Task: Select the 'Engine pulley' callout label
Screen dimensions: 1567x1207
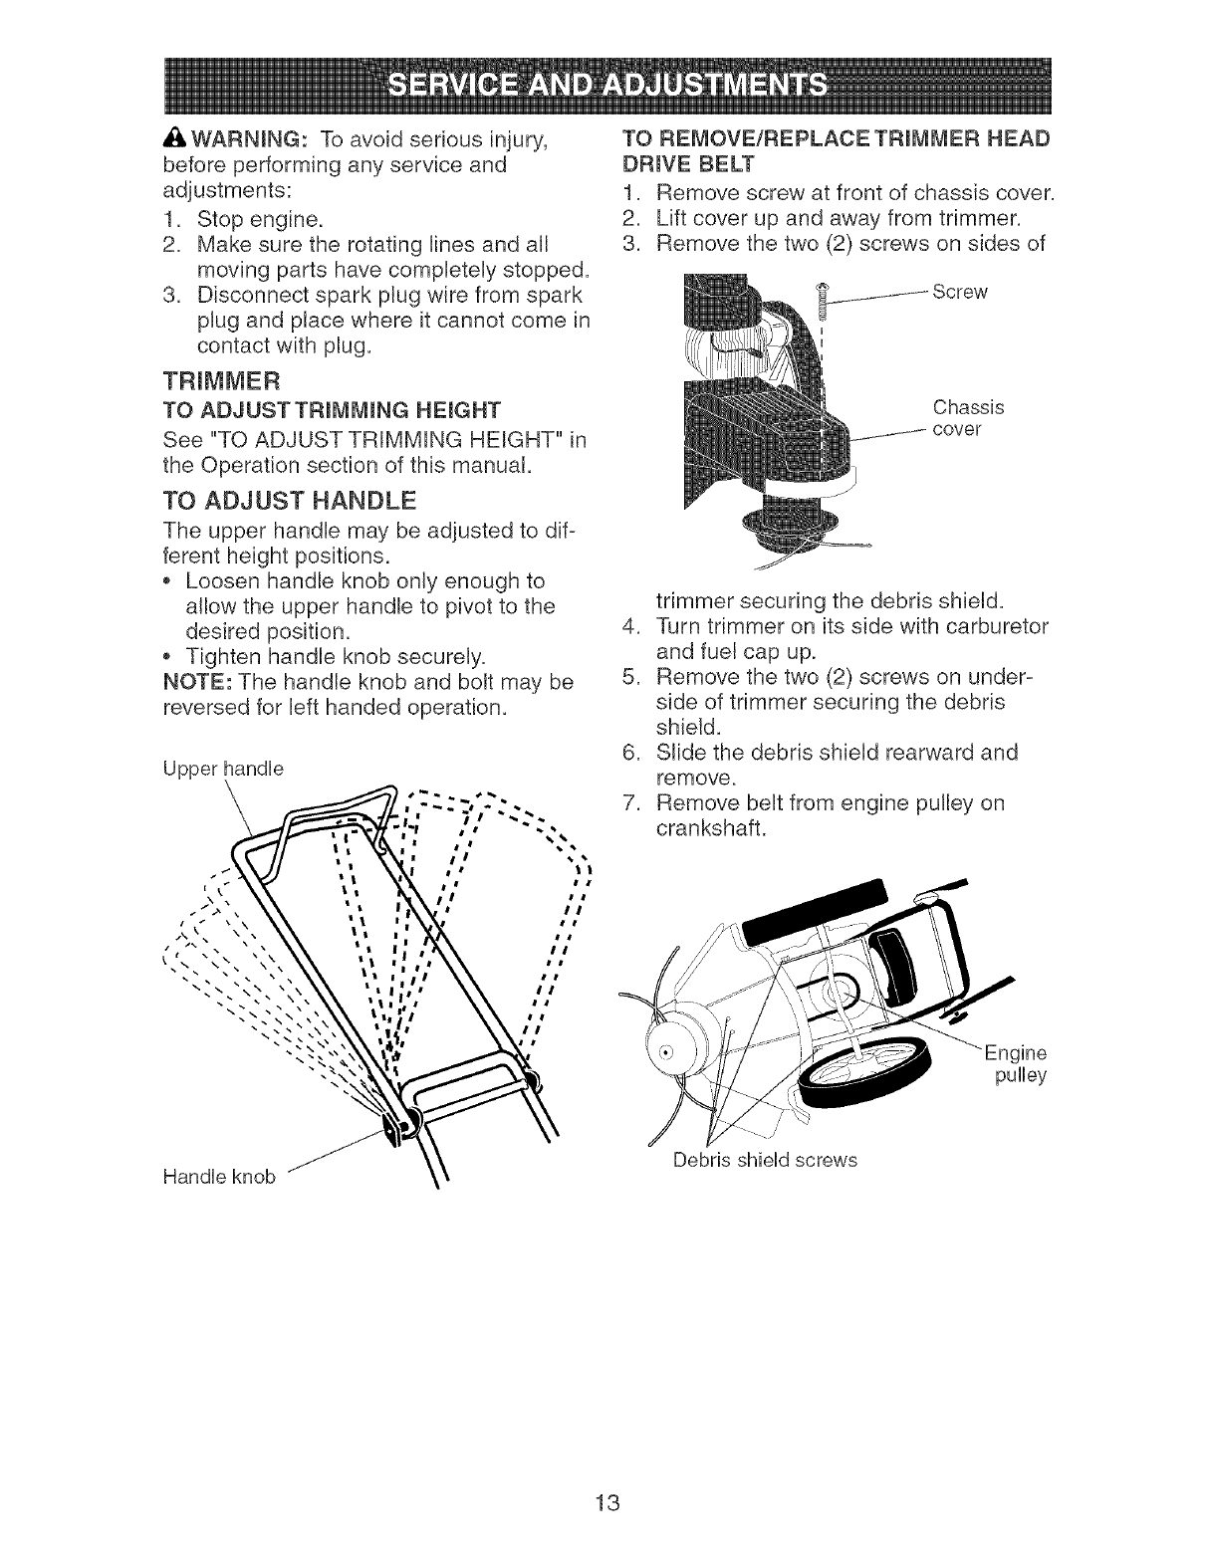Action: point(1015,1064)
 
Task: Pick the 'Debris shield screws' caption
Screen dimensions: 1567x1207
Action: point(765,1160)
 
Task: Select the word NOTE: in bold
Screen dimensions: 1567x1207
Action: point(196,683)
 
